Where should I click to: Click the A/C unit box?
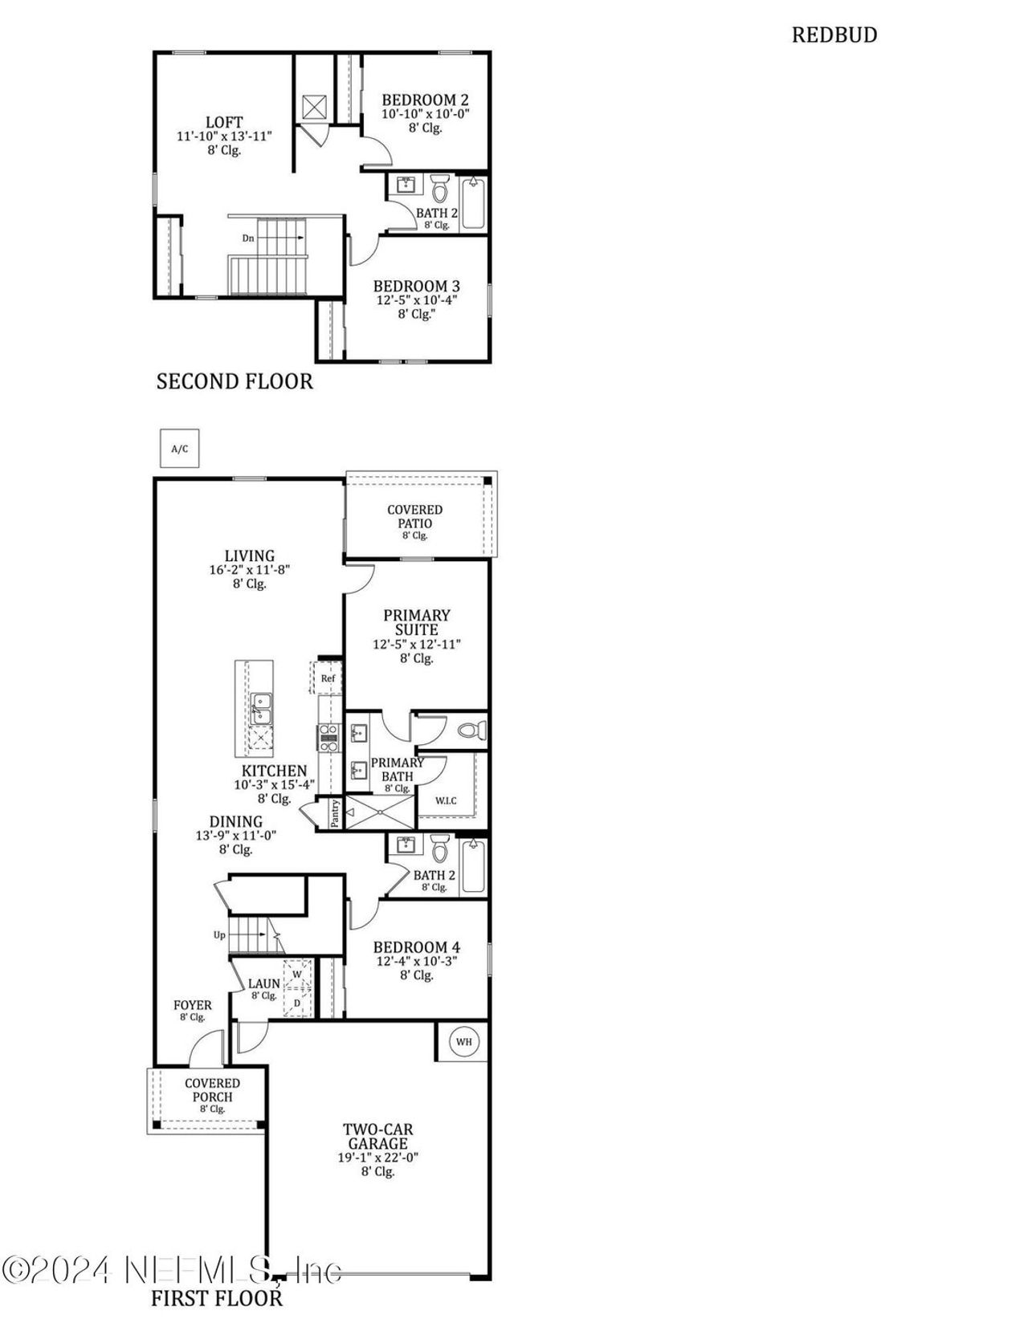click(x=179, y=448)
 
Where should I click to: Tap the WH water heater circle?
click(x=463, y=1042)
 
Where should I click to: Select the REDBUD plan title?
click(x=834, y=35)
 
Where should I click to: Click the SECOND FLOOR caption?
click(x=235, y=381)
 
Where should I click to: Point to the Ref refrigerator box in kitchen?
click(x=328, y=678)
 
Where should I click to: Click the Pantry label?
click(x=335, y=813)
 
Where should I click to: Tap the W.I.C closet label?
click(x=446, y=800)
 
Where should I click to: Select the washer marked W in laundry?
click(x=297, y=975)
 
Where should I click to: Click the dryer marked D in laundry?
click(x=297, y=1003)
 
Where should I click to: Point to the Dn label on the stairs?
click(x=249, y=238)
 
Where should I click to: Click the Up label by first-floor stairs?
click(x=219, y=934)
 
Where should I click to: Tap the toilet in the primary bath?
click(x=471, y=731)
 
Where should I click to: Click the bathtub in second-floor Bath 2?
click(x=473, y=203)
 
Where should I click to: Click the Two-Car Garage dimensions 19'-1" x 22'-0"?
click(x=377, y=1158)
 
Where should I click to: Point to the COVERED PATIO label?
click(x=414, y=516)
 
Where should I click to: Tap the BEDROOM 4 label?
click(x=416, y=947)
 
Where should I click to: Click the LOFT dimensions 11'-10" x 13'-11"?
click(x=224, y=136)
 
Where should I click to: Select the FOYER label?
click(x=193, y=1005)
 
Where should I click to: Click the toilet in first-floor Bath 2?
click(x=439, y=849)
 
